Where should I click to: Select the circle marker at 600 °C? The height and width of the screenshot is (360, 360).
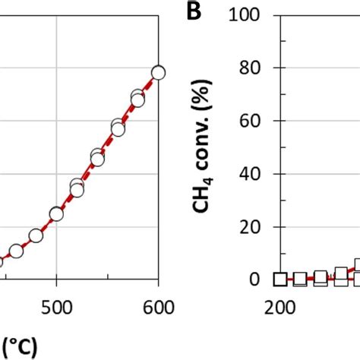158,73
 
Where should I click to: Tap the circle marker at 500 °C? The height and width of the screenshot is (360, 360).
56,214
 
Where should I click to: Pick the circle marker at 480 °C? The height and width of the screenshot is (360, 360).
36,235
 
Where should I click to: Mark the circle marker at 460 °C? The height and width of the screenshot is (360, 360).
16,251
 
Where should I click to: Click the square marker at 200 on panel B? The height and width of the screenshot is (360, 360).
280,279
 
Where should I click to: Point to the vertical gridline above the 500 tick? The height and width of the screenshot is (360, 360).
56,114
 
